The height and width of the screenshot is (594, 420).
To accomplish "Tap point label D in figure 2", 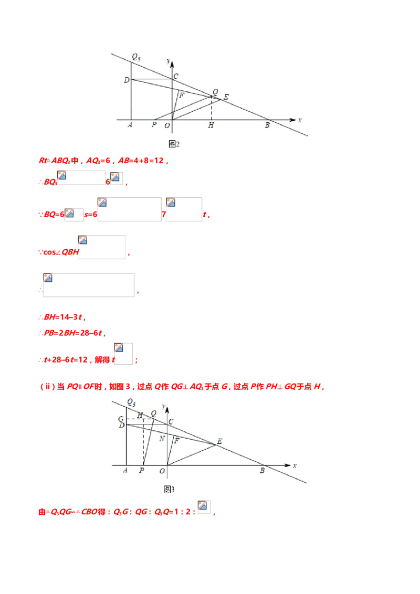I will point(126,80).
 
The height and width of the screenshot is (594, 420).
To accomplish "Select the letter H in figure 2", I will point(211,125).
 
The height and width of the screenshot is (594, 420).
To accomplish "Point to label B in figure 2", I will point(267,125).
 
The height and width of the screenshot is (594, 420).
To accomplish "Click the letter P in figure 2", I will point(154,125).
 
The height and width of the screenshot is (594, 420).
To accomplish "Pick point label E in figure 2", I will point(226,97).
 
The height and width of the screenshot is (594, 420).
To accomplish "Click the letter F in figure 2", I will point(182,96).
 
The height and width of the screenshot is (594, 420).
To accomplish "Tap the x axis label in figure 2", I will point(300,120).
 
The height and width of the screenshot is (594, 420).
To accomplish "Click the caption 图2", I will point(174,144).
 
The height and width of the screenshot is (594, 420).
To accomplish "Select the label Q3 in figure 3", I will point(131,402).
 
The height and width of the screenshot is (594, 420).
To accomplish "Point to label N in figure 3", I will point(162,438).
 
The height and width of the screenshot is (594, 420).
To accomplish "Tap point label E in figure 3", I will point(219,441).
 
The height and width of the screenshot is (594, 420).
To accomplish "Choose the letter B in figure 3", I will point(262,471).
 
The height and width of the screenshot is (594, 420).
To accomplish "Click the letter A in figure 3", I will point(125,471).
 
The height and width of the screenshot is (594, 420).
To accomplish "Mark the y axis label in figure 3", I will point(164,406).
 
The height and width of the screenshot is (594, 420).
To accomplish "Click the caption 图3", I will point(169,489).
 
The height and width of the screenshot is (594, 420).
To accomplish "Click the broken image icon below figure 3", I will point(204,506).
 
